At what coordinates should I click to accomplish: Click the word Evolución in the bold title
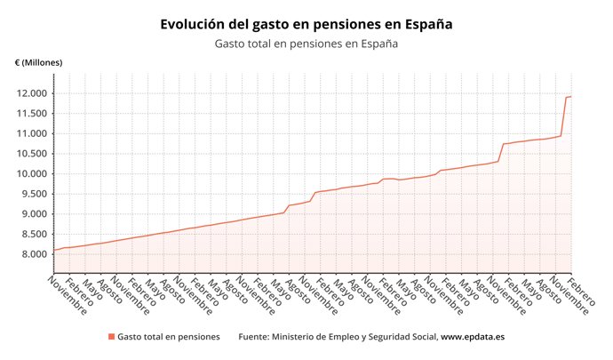195,24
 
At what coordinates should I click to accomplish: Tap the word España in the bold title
425,24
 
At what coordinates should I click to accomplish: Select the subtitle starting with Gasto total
306,44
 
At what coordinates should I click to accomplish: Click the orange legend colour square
111,337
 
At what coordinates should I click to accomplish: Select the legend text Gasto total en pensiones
169,337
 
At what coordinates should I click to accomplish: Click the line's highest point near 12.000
570,96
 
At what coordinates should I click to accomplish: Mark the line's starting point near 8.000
54,250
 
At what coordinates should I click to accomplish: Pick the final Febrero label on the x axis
583,290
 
